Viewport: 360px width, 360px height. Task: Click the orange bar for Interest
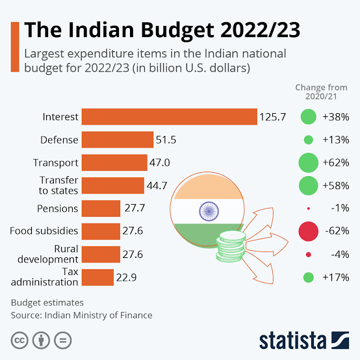click(170, 116)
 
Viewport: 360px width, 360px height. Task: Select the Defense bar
click(118, 140)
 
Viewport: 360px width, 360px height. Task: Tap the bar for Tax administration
click(97, 277)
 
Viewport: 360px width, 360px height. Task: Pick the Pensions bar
click(101, 209)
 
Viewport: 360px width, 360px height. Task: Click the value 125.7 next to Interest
click(273, 117)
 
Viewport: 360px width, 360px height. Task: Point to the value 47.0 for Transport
click(160, 163)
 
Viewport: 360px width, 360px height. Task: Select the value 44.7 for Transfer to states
click(157, 185)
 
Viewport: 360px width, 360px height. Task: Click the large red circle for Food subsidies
click(309, 231)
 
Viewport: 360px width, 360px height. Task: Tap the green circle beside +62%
click(309, 162)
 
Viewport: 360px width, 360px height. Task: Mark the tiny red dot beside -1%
click(309, 209)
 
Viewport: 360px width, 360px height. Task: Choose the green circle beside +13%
click(309, 140)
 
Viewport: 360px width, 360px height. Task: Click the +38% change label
click(336, 117)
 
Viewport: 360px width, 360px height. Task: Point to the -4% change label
click(340, 254)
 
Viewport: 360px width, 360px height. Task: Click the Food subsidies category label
click(44, 231)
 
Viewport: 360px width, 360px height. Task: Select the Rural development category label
click(48, 254)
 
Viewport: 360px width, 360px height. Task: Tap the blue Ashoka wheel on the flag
click(209, 211)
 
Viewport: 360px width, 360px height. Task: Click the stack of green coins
click(231, 246)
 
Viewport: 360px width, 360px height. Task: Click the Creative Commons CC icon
click(19, 341)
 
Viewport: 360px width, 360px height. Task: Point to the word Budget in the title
click(177, 31)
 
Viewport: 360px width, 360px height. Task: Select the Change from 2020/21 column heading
click(321, 92)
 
